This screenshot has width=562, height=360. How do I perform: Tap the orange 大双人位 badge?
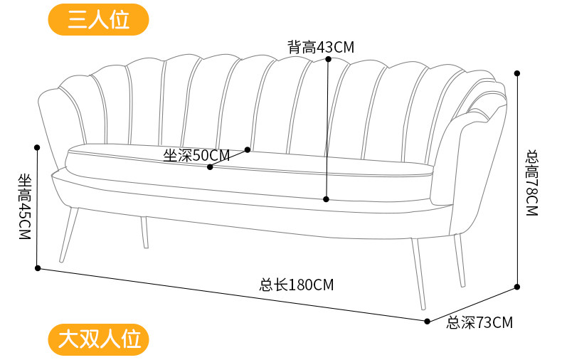98,339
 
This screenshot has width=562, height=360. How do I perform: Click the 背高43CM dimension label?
320,48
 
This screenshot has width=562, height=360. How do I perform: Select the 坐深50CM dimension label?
196,156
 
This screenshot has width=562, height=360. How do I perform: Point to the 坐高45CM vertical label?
25,206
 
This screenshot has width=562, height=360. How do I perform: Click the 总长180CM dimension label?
296,285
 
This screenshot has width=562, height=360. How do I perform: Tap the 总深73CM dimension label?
479,323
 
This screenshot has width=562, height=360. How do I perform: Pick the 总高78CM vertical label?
531,182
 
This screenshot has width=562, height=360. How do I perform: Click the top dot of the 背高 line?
328,60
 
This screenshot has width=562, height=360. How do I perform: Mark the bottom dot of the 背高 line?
326,199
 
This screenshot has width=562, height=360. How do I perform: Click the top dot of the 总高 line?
517,73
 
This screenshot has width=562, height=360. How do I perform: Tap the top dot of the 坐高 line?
37,147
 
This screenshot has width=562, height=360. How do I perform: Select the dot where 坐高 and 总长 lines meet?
38,268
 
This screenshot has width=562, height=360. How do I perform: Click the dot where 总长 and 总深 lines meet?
427,321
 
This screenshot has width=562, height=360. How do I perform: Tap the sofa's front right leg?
419,274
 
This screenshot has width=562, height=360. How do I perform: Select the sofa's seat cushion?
249,171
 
